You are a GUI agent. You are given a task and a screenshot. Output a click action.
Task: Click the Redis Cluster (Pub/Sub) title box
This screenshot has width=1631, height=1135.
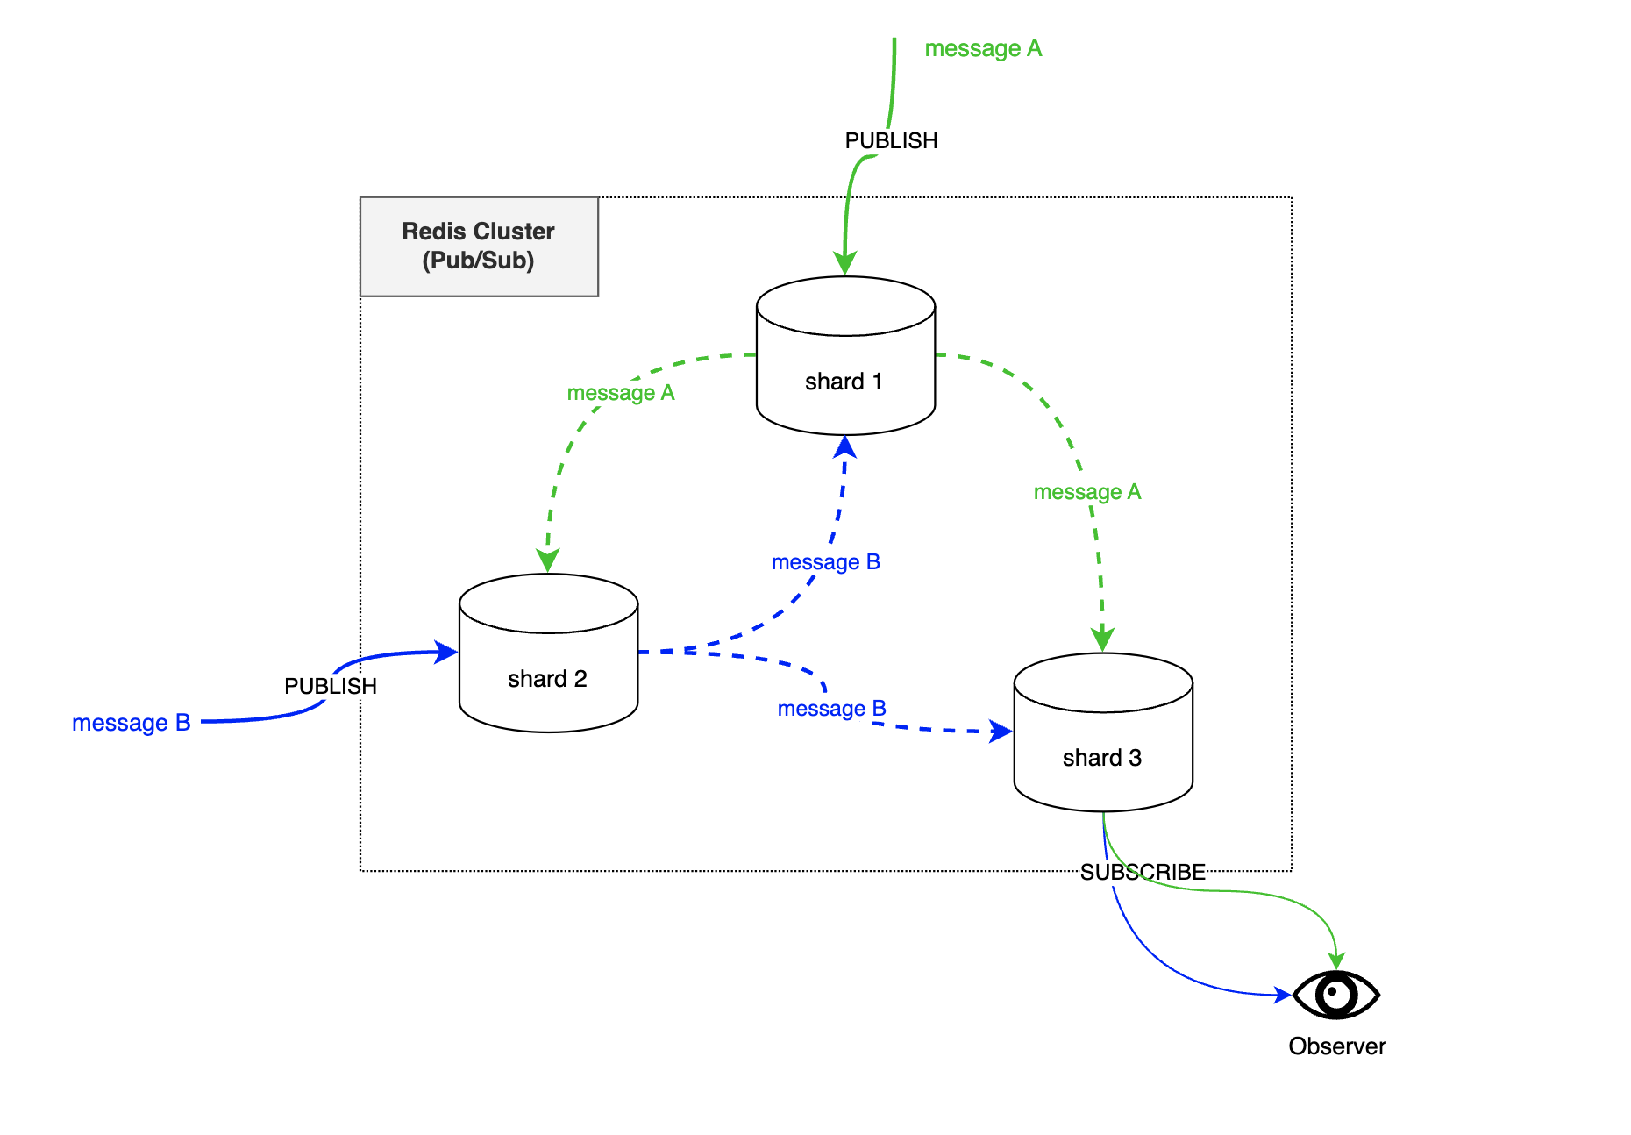tap(479, 246)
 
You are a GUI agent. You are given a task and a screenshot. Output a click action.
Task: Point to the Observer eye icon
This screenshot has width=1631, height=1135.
tap(1336, 995)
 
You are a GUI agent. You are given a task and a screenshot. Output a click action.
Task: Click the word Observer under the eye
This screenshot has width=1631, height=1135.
tap(1336, 1046)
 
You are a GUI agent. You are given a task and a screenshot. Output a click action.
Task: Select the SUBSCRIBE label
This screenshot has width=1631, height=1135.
tap(1142, 872)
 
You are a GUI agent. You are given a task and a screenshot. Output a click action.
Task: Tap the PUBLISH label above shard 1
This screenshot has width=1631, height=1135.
tap(891, 141)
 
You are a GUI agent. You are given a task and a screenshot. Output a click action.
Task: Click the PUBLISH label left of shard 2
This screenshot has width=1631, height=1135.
tap(330, 686)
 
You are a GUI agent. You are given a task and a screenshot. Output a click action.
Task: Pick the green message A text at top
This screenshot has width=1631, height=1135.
tap(983, 48)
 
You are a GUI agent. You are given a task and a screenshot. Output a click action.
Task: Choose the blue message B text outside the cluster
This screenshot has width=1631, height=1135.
tap(131, 723)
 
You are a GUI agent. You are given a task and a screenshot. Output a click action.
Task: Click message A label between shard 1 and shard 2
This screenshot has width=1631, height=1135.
tap(620, 393)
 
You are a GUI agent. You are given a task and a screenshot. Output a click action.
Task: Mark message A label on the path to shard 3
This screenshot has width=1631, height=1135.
tap(1086, 492)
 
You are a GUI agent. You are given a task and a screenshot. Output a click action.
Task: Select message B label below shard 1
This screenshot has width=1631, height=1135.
tap(825, 562)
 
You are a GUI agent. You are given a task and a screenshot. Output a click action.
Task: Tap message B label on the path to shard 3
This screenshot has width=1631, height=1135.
tap(831, 709)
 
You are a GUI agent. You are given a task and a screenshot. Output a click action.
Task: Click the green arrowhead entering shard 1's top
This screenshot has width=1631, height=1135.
tap(845, 264)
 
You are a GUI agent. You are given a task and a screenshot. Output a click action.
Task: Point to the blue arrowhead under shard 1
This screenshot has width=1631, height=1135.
tap(845, 446)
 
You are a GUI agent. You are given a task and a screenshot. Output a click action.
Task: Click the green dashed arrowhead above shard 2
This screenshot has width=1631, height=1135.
tap(548, 561)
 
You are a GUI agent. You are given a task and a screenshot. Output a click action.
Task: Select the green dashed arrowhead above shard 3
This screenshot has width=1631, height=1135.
tap(1102, 639)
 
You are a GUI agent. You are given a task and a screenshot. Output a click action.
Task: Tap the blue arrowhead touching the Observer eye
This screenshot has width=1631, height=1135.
tap(1282, 995)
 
